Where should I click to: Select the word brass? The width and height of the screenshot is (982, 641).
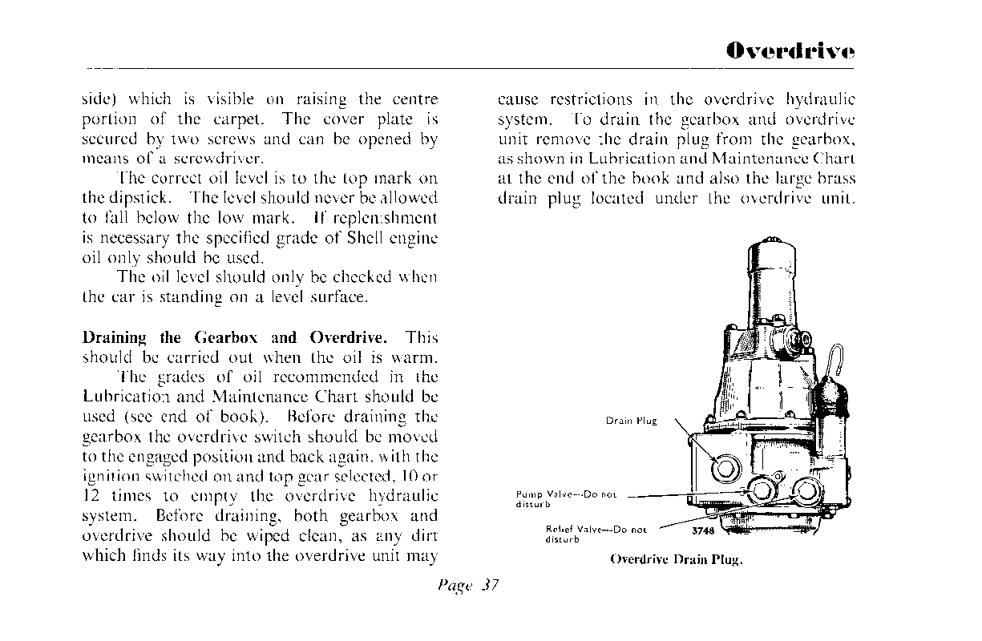(x=836, y=178)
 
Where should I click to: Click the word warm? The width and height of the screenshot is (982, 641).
(x=414, y=357)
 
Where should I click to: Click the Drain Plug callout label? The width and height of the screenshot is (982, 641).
(x=631, y=421)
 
